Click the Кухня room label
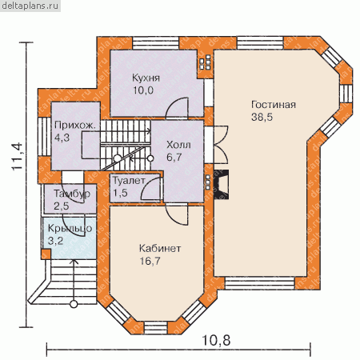pyautogui.click(x=146, y=78)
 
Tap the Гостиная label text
pyautogui.click(x=274, y=105)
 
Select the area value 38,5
pyautogui.click(x=262, y=117)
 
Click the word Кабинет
pyautogui.click(x=160, y=249)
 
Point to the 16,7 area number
pyautogui.click(x=150, y=261)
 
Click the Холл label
pyautogui.click(x=178, y=146)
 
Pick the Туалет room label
pyautogui.click(x=129, y=181)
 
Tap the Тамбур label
pyautogui.click(x=72, y=194)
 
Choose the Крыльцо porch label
pyautogui.click(x=70, y=229)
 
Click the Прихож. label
pyautogui.click(x=75, y=126)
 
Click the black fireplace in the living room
pyautogui.click(x=221, y=185)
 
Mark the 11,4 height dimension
pyautogui.click(x=17, y=156)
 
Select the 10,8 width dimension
pyautogui.click(x=216, y=340)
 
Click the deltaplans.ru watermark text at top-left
pyautogui.click(x=30, y=6)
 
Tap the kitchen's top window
pyautogui.click(x=156, y=42)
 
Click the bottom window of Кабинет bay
pyautogui.click(x=156, y=327)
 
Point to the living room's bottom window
pyautogui.click(x=260, y=283)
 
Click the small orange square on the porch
pyautogui.click(x=46, y=254)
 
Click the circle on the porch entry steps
pyautogui.click(x=74, y=304)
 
